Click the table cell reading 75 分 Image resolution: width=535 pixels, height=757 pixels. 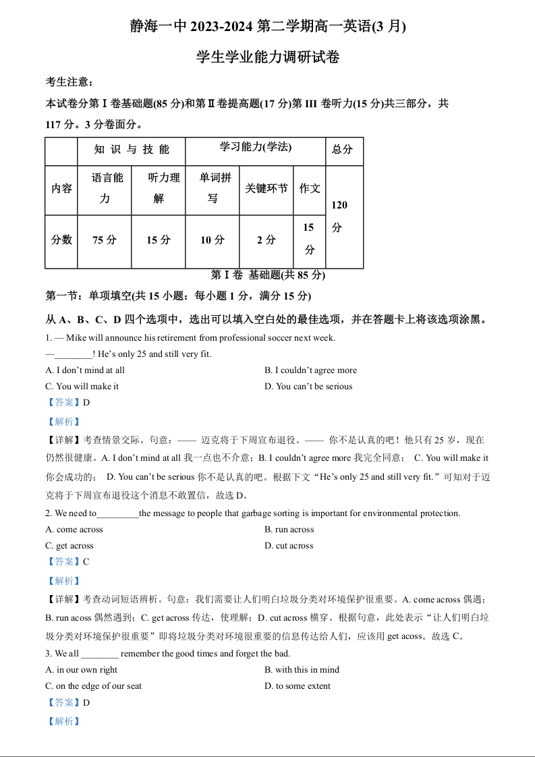pos(104,240)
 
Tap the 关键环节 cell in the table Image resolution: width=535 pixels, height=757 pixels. pos(266,189)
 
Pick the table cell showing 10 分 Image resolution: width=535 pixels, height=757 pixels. pos(212,240)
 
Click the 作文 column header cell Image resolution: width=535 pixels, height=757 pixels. pos(310,189)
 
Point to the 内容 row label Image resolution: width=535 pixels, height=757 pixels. pos(61,189)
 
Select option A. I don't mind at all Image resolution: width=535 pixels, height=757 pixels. pos(85,370)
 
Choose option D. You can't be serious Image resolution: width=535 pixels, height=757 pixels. pos(308,387)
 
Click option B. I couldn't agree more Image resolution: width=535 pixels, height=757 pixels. pos(311,370)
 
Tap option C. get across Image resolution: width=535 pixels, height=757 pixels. pos(69,546)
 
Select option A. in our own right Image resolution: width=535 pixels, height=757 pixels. pos(81,670)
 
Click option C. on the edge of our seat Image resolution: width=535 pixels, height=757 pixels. pos(94,686)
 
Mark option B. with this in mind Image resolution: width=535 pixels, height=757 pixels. pos(302,670)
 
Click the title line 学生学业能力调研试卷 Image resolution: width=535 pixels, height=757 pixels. pos(268,57)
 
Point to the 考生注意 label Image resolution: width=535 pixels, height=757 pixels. pos(69,82)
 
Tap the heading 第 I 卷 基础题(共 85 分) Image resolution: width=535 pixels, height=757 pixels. pos(268,275)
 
